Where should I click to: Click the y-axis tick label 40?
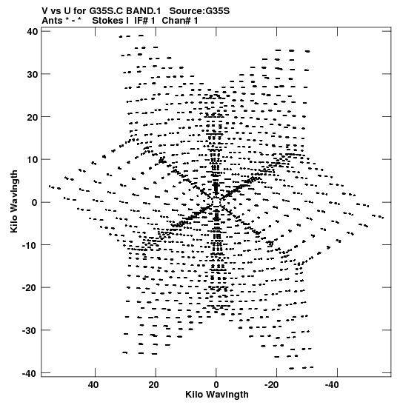click(33, 32)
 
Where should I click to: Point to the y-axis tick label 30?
click(33, 74)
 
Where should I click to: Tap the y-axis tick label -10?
click(30, 245)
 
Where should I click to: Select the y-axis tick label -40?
click(30, 373)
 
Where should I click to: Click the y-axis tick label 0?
click(35, 202)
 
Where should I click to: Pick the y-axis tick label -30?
click(30, 330)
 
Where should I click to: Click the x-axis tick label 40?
click(93, 385)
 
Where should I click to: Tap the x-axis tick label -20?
click(272, 385)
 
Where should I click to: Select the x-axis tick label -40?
click(333, 385)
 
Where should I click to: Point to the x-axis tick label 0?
click(216, 385)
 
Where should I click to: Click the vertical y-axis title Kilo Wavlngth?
click(14, 201)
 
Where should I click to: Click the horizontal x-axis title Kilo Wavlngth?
click(217, 395)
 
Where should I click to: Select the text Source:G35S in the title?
click(199, 11)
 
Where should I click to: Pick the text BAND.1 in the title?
click(144, 11)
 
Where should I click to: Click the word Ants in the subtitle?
click(52, 21)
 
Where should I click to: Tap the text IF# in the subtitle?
click(141, 21)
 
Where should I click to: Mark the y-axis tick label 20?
click(33, 117)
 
